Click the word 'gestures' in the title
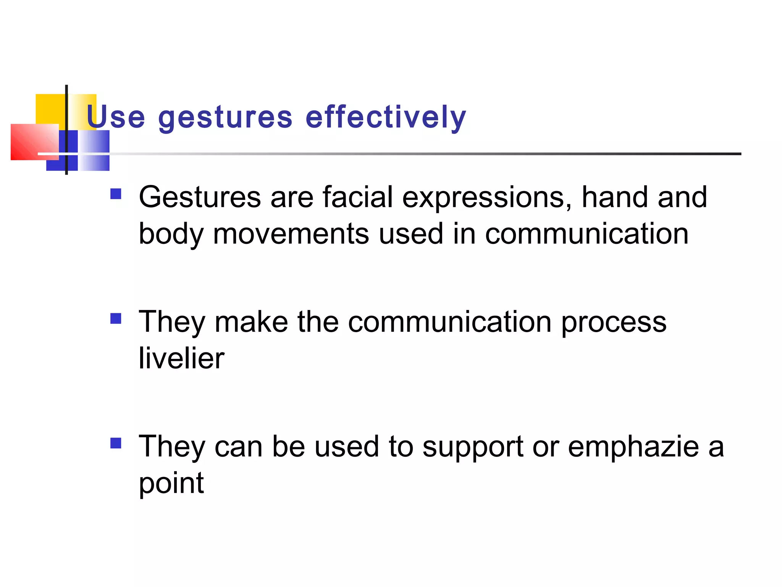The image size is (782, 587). pyautogui.click(x=225, y=118)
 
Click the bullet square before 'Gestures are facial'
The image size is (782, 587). pyautogui.click(x=116, y=194)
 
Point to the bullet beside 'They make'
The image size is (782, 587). pyautogui.click(x=116, y=318)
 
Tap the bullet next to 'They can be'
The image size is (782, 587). pyautogui.click(x=116, y=443)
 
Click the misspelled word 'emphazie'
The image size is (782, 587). pyautogui.click(x=633, y=447)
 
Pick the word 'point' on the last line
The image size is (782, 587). pyautogui.click(x=171, y=483)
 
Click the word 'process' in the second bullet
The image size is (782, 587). pyautogui.click(x=614, y=323)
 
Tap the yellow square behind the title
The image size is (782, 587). pyautogui.click(x=50, y=109)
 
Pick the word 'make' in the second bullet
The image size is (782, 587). pyautogui.click(x=251, y=322)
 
